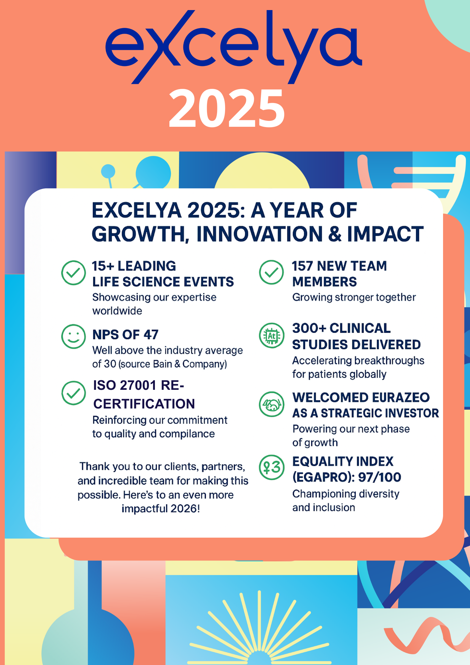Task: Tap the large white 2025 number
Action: [x=227, y=108]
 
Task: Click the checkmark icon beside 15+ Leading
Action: [x=73, y=273]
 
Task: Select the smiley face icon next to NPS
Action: [x=73, y=336]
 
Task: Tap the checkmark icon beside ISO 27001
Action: [x=73, y=393]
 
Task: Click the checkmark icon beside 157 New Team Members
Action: [x=271, y=272]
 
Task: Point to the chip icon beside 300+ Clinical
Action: [x=272, y=336]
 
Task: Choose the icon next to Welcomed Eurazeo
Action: [x=272, y=404]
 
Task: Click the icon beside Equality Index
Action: [x=272, y=467]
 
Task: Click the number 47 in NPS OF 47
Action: [x=151, y=335]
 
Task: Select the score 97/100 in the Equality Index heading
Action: [x=380, y=477]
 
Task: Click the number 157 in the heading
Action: [x=302, y=266]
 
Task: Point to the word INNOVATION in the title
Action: [x=259, y=234]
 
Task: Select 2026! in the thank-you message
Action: [x=185, y=509]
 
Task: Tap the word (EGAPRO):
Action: [x=324, y=477]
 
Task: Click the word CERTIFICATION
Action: [x=144, y=404]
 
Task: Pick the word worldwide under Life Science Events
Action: [x=117, y=311]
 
